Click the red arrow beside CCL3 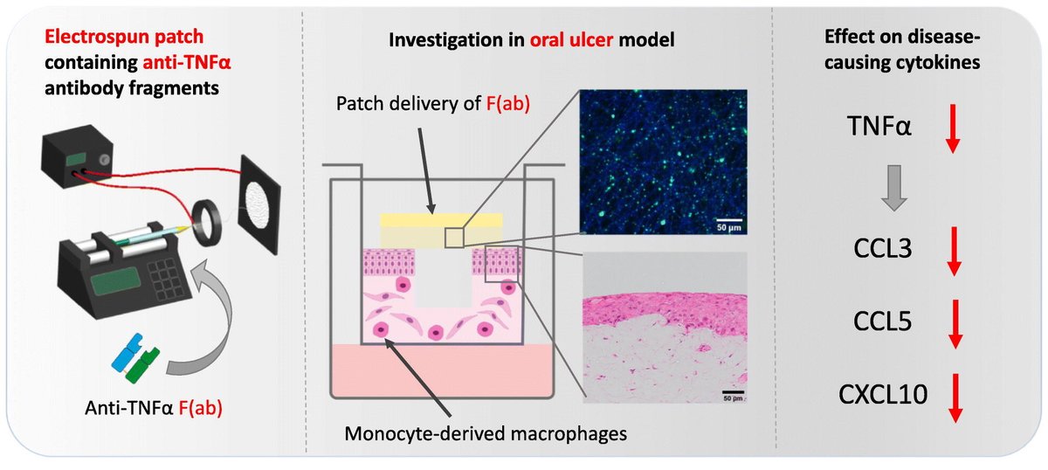(x=953, y=251)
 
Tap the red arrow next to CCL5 (x=953, y=322)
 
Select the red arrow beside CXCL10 (x=953, y=397)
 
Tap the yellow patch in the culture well (x=440, y=229)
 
